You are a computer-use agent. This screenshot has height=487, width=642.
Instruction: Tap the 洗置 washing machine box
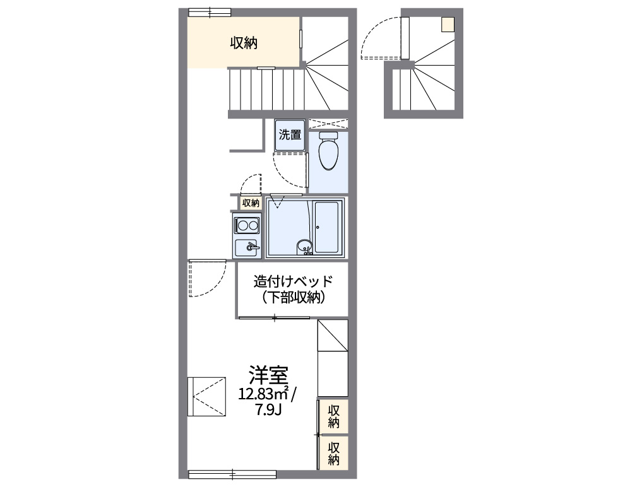pos(290,135)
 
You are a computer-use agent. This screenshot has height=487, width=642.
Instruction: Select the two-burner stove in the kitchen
pos(246,225)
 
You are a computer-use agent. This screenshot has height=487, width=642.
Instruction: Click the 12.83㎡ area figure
pos(264,394)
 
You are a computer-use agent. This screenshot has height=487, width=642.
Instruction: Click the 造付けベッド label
pos(293,281)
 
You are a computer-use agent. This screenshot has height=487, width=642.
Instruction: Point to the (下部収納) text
pos(293,298)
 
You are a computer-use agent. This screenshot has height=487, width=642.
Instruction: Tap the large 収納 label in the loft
pos(243,43)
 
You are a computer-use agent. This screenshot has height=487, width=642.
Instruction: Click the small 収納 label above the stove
pos(251,203)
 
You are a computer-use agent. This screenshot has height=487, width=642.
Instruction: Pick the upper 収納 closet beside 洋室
pos(334,416)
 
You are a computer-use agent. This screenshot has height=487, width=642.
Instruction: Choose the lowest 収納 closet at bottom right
pos(334,452)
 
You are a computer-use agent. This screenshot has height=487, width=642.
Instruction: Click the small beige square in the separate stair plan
pos(447,25)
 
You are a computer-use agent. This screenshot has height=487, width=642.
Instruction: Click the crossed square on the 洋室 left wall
pos(207,397)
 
